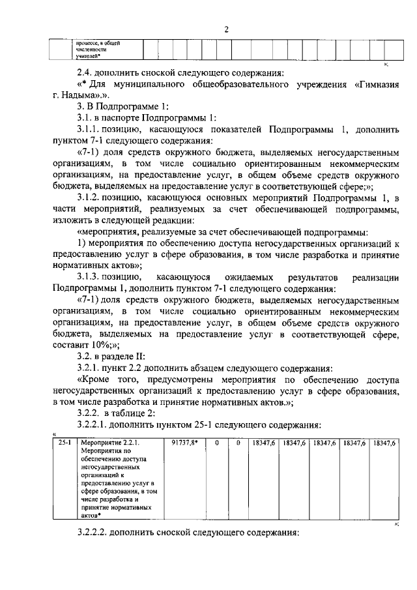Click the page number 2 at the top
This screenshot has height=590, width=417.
point(226,29)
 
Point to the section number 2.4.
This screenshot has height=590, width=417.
point(86,72)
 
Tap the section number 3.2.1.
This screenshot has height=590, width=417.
point(91,368)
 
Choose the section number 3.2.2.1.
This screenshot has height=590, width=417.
point(94,425)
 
